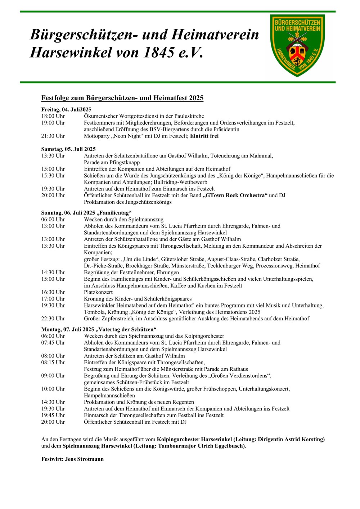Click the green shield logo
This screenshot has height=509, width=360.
[297, 45]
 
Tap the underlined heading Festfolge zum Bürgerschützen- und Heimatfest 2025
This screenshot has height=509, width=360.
[122, 98]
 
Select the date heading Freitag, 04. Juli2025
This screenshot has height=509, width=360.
[66, 109]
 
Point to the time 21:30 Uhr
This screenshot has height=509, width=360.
[53, 136]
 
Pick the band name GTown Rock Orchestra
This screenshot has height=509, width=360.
[235, 195]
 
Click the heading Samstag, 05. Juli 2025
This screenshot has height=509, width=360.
[68, 149]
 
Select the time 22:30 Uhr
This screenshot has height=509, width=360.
[53, 319]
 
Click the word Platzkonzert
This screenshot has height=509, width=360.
[98, 292]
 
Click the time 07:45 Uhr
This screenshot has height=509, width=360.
[53, 343]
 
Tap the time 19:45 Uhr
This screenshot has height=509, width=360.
[53, 415]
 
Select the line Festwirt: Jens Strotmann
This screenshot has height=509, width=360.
[72, 459]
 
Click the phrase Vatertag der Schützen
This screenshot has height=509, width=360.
[126, 329]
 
